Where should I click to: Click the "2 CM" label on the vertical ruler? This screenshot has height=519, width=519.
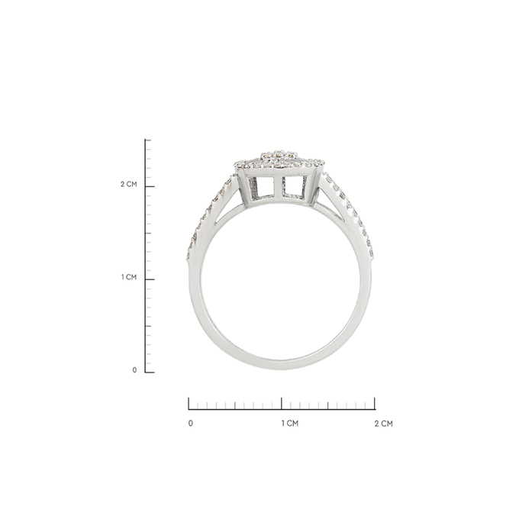point(128,184)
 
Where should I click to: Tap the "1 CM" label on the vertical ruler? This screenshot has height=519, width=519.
point(129,277)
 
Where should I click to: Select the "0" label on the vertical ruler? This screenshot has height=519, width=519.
point(134,370)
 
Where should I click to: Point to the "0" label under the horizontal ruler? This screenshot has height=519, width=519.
point(190,424)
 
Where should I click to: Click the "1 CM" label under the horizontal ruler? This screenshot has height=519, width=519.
point(290,424)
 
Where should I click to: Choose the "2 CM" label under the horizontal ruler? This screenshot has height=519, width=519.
point(384,424)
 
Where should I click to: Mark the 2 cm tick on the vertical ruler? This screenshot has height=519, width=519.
point(150,186)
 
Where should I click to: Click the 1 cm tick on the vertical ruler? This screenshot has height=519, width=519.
point(150,279)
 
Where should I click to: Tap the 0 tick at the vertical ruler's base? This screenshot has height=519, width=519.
point(150,372)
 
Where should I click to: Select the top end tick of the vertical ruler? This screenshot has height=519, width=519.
point(148,140)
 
